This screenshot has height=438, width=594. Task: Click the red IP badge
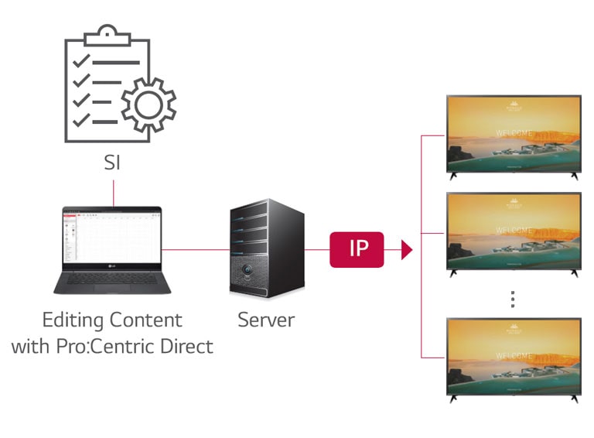point(357,249)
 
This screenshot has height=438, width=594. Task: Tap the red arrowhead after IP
point(405,249)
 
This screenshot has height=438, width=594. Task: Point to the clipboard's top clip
point(108,36)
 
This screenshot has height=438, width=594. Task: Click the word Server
point(265,320)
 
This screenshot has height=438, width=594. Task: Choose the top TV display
point(514,134)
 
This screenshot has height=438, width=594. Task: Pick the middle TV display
point(514,231)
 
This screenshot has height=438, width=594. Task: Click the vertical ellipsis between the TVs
point(513,298)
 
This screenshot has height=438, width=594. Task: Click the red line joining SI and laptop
point(113,193)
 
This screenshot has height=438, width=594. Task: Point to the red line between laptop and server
point(196,250)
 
